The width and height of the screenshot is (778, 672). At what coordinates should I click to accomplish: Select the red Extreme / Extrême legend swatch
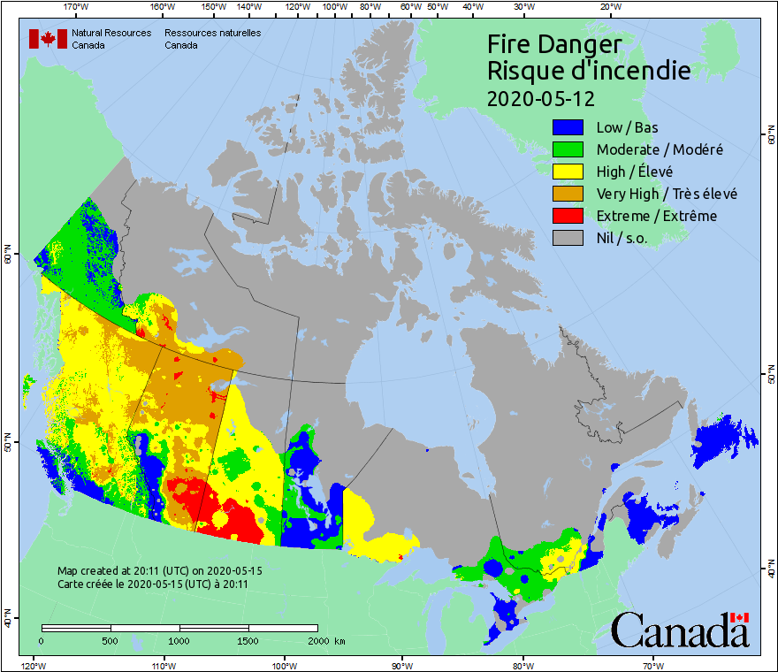coord(567,216)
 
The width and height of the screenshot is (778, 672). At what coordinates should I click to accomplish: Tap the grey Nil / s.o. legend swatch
coord(567,238)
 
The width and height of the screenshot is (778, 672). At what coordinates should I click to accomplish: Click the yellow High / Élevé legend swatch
coord(567,172)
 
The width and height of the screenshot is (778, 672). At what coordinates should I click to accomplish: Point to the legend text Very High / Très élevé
coord(667,194)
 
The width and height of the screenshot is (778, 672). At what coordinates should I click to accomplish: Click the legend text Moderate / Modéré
coord(660,149)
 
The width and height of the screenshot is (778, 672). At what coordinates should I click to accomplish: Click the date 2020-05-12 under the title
coord(540,97)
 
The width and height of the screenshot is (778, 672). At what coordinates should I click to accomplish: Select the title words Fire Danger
coord(554,44)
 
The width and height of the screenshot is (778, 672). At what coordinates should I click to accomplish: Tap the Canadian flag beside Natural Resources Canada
coord(48,38)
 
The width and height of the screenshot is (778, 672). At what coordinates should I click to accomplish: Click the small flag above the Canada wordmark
coord(740,617)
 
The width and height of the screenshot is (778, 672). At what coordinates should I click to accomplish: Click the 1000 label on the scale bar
coord(179,640)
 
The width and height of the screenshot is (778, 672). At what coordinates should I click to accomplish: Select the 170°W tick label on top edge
coord(76,7)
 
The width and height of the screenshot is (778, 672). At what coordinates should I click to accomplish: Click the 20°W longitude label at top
coord(608,7)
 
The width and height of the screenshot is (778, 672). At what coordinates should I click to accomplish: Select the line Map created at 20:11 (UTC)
coord(159,571)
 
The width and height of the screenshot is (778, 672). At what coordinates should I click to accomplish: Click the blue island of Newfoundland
coord(721,441)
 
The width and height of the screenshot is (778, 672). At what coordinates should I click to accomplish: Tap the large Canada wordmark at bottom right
coord(679,631)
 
